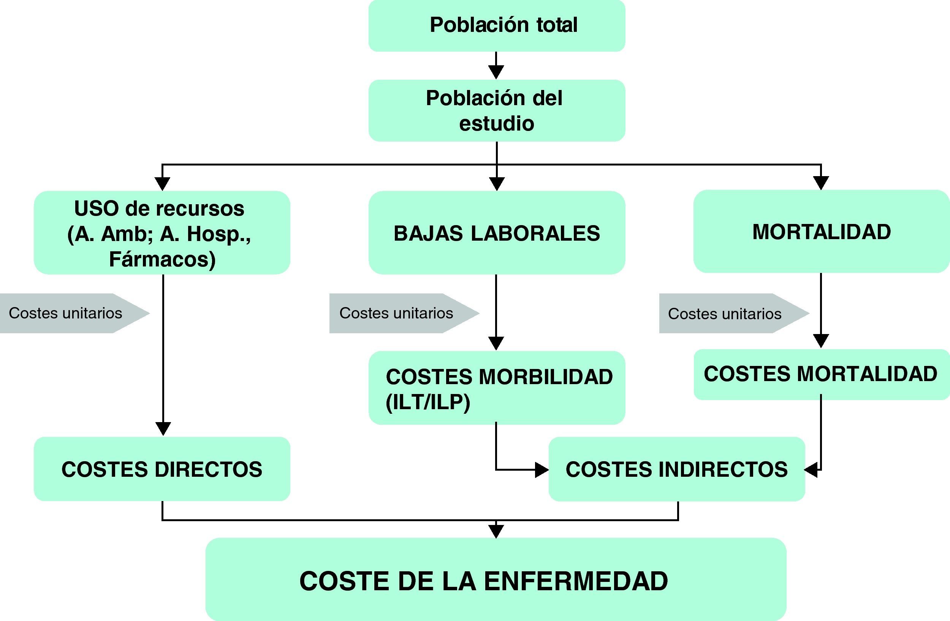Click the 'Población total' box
[497, 25]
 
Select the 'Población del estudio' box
[497, 110]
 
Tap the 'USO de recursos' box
[161, 232]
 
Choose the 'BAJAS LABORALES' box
[497, 233]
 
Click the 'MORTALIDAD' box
[821, 231]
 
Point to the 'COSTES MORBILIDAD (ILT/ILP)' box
[497, 388]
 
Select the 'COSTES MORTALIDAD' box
[821, 374]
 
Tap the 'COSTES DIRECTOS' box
[161, 469]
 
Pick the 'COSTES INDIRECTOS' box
[676, 469]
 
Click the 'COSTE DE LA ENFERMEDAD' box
[496, 579]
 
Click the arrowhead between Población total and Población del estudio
[496, 72]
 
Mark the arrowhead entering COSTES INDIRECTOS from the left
[541, 470]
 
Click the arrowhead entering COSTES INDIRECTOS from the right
[811, 470]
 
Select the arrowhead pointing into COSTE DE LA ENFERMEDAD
[496, 531]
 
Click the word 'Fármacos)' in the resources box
[162, 259]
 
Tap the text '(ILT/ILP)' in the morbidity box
[428, 402]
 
